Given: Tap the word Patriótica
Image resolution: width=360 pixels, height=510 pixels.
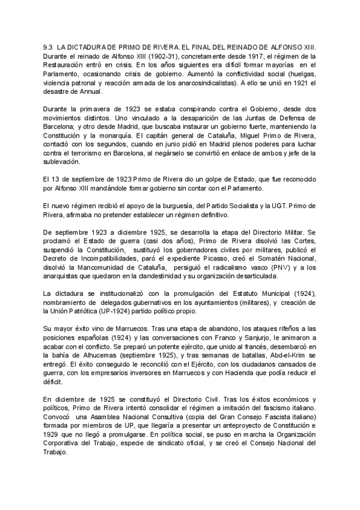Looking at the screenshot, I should (88, 313).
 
